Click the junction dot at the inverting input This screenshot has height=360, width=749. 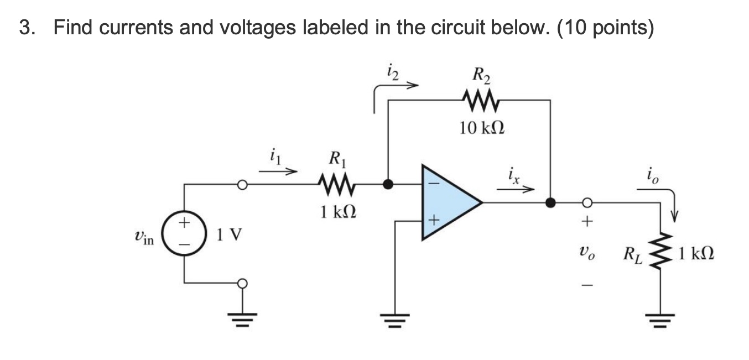pos(388,184)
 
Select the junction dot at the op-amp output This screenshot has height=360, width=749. pos(550,202)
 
